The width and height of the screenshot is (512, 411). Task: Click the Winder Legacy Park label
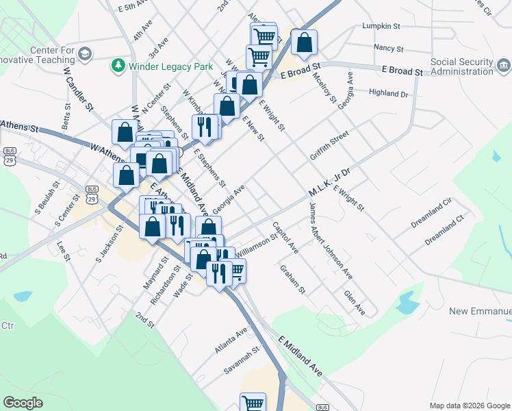[x=163, y=65]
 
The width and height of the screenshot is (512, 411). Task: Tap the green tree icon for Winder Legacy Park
[x=118, y=65]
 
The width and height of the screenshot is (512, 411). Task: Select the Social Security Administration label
[x=461, y=66]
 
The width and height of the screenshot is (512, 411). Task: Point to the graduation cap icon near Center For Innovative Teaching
[x=85, y=53]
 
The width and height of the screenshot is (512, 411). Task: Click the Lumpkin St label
[x=381, y=26]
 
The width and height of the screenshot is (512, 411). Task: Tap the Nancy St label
[x=386, y=48]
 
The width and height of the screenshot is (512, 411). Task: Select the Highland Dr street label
[x=387, y=93]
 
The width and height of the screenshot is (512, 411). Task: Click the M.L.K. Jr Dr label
[x=329, y=182]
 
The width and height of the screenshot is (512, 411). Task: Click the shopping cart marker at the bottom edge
[x=253, y=402]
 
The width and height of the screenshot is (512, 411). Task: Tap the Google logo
[x=23, y=403]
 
